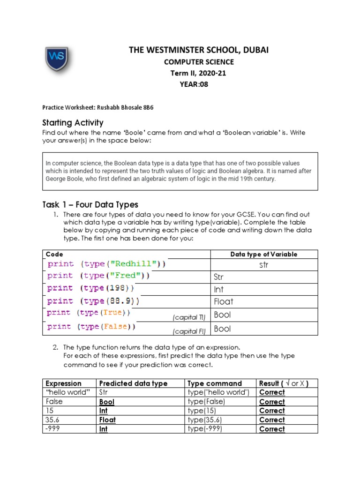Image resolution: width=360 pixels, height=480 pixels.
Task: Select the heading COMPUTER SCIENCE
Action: point(198,62)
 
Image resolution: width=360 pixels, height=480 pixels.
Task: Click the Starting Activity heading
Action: point(73,123)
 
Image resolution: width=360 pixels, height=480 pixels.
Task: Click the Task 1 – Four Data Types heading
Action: point(90,204)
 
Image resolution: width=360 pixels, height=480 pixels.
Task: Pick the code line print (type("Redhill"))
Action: point(106,264)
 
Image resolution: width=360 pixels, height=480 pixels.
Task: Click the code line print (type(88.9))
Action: point(93,301)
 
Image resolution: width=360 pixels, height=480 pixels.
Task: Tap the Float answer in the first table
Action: point(223,301)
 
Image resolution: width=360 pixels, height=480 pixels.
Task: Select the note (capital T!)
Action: point(189,318)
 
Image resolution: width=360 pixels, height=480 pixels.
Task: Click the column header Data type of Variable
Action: point(264,254)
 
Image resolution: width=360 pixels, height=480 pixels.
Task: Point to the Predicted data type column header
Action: point(133,383)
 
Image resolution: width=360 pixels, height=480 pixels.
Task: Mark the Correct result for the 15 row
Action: point(272,411)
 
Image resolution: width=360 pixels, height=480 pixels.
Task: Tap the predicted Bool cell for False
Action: point(107,402)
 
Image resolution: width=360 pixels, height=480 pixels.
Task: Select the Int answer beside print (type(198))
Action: point(218,289)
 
